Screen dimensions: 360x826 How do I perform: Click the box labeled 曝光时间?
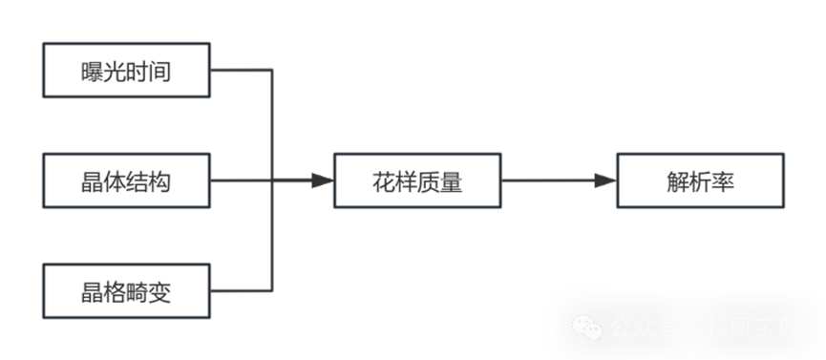pyautogui.click(x=126, y=71)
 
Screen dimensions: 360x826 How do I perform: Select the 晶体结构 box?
pyautogui.click(x=126, y=180)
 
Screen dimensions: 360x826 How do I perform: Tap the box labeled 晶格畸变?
pyautogui.click(x=126, y=290)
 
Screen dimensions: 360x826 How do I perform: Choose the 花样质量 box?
pyautogui.click(x=417, y=180)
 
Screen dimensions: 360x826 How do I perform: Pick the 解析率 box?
pyautogui.click(x=700, y=180)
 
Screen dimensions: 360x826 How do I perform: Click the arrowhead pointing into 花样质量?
pyautogui.click(x=322, y=180)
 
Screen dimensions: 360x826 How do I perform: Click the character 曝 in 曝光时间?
pyautogui.click(x=93, y=72)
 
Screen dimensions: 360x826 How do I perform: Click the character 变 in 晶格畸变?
pyautogui.click(x=160, y=291)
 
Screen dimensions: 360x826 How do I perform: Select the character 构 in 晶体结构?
pyautogui.click(x=160, y=181)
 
